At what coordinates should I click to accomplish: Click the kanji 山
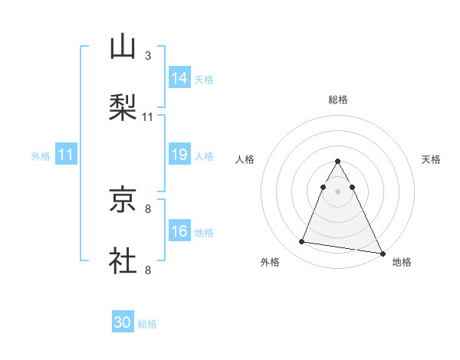pyautogui.click(x=123, y=47)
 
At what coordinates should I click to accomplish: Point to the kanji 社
pyautogui.click(x=123, y=260)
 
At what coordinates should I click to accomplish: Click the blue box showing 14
pyautogui.click(x=179, y=78)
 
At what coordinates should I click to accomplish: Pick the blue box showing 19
pyautogui.click(x=179, y=155)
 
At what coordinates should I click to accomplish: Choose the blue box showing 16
pyautogui.click(x=179, y=232)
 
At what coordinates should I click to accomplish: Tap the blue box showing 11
pyautogui.click(x=66, y=155)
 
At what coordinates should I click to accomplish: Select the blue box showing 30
pyautogui.click(x=123, y=323)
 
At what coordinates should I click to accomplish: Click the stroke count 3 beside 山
pyautogui.click(x=148, y=56)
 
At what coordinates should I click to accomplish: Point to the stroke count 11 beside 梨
pyautogui.click(x=148, y=117)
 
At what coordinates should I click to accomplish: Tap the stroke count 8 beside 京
pyautogui.click(x=148, y=208)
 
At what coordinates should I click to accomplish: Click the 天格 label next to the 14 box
pyautogui.click(x=204, y=79)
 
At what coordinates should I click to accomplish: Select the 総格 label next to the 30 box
pyautogui.click(x=147, y=324)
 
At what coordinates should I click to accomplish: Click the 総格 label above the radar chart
pyautogui.click(x=338, y=100)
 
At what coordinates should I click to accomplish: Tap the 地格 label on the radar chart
pyautogui.click(x=402, y=263)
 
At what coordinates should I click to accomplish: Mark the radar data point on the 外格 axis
pyautogui.click(x=302, y=242)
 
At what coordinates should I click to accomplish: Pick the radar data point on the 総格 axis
pyautogui.click(x=338, y=162)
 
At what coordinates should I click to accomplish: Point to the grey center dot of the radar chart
pyautogui.click(x=338, y=191)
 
